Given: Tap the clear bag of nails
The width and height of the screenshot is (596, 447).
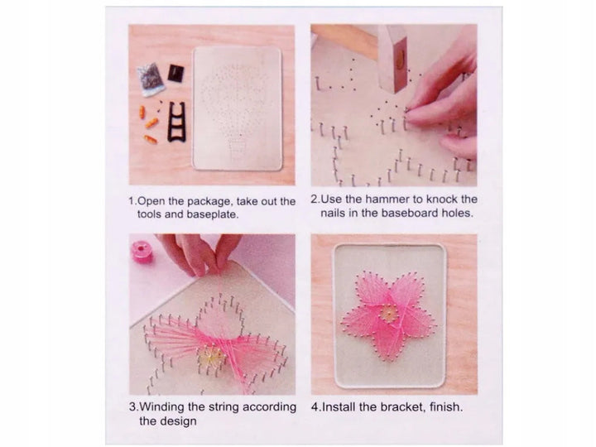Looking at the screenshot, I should coord(152,80).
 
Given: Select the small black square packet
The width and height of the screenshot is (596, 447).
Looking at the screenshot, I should coord(175,72).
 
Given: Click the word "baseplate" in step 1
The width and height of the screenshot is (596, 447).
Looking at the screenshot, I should coord(187,214).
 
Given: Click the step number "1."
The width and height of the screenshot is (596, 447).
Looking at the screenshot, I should coord(133,200).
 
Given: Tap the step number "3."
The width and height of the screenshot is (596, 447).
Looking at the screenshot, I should coord(133,407).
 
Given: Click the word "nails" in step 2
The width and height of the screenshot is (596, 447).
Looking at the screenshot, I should coord(337,213).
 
